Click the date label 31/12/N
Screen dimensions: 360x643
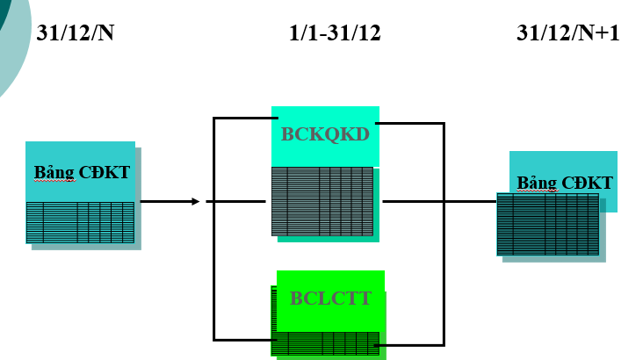[76, 33]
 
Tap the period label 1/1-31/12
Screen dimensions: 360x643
[335, 33]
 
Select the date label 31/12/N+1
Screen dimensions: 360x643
[568, 33]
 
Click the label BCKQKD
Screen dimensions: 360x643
[325, 134]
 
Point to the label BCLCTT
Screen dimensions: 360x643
[330, 299]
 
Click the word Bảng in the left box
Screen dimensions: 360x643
[54, 172]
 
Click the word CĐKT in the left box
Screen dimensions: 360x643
[105, 172]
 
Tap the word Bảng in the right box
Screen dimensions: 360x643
[537, 184]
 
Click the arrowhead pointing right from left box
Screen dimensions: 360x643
[196, 202]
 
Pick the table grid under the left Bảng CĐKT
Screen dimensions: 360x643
[80, 222]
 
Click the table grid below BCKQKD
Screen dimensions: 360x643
[322, 201]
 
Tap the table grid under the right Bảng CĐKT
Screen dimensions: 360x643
[548, 224]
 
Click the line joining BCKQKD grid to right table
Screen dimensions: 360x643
[439, 202]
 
